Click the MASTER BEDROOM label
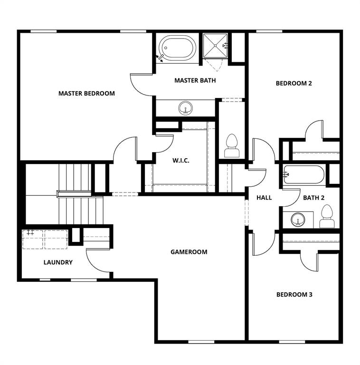pos(86,93)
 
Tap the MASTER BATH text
pos(195,80)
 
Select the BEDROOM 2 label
pos(294,83)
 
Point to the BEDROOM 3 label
pos(294,295)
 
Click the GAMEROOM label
pos(189,252)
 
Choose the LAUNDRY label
pos(58,262)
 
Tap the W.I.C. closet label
pos(181,160)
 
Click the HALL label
pos(264,198)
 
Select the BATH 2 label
pos(314,198)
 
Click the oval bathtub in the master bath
pos(178,48)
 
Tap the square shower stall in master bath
pos(215,46)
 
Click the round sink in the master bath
pos(186,108)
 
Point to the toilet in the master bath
pos(232,146)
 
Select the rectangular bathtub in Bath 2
pos(304,174)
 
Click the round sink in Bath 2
pos(298,220)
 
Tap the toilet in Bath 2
pos(327,217)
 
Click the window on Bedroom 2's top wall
pos(269,31)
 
